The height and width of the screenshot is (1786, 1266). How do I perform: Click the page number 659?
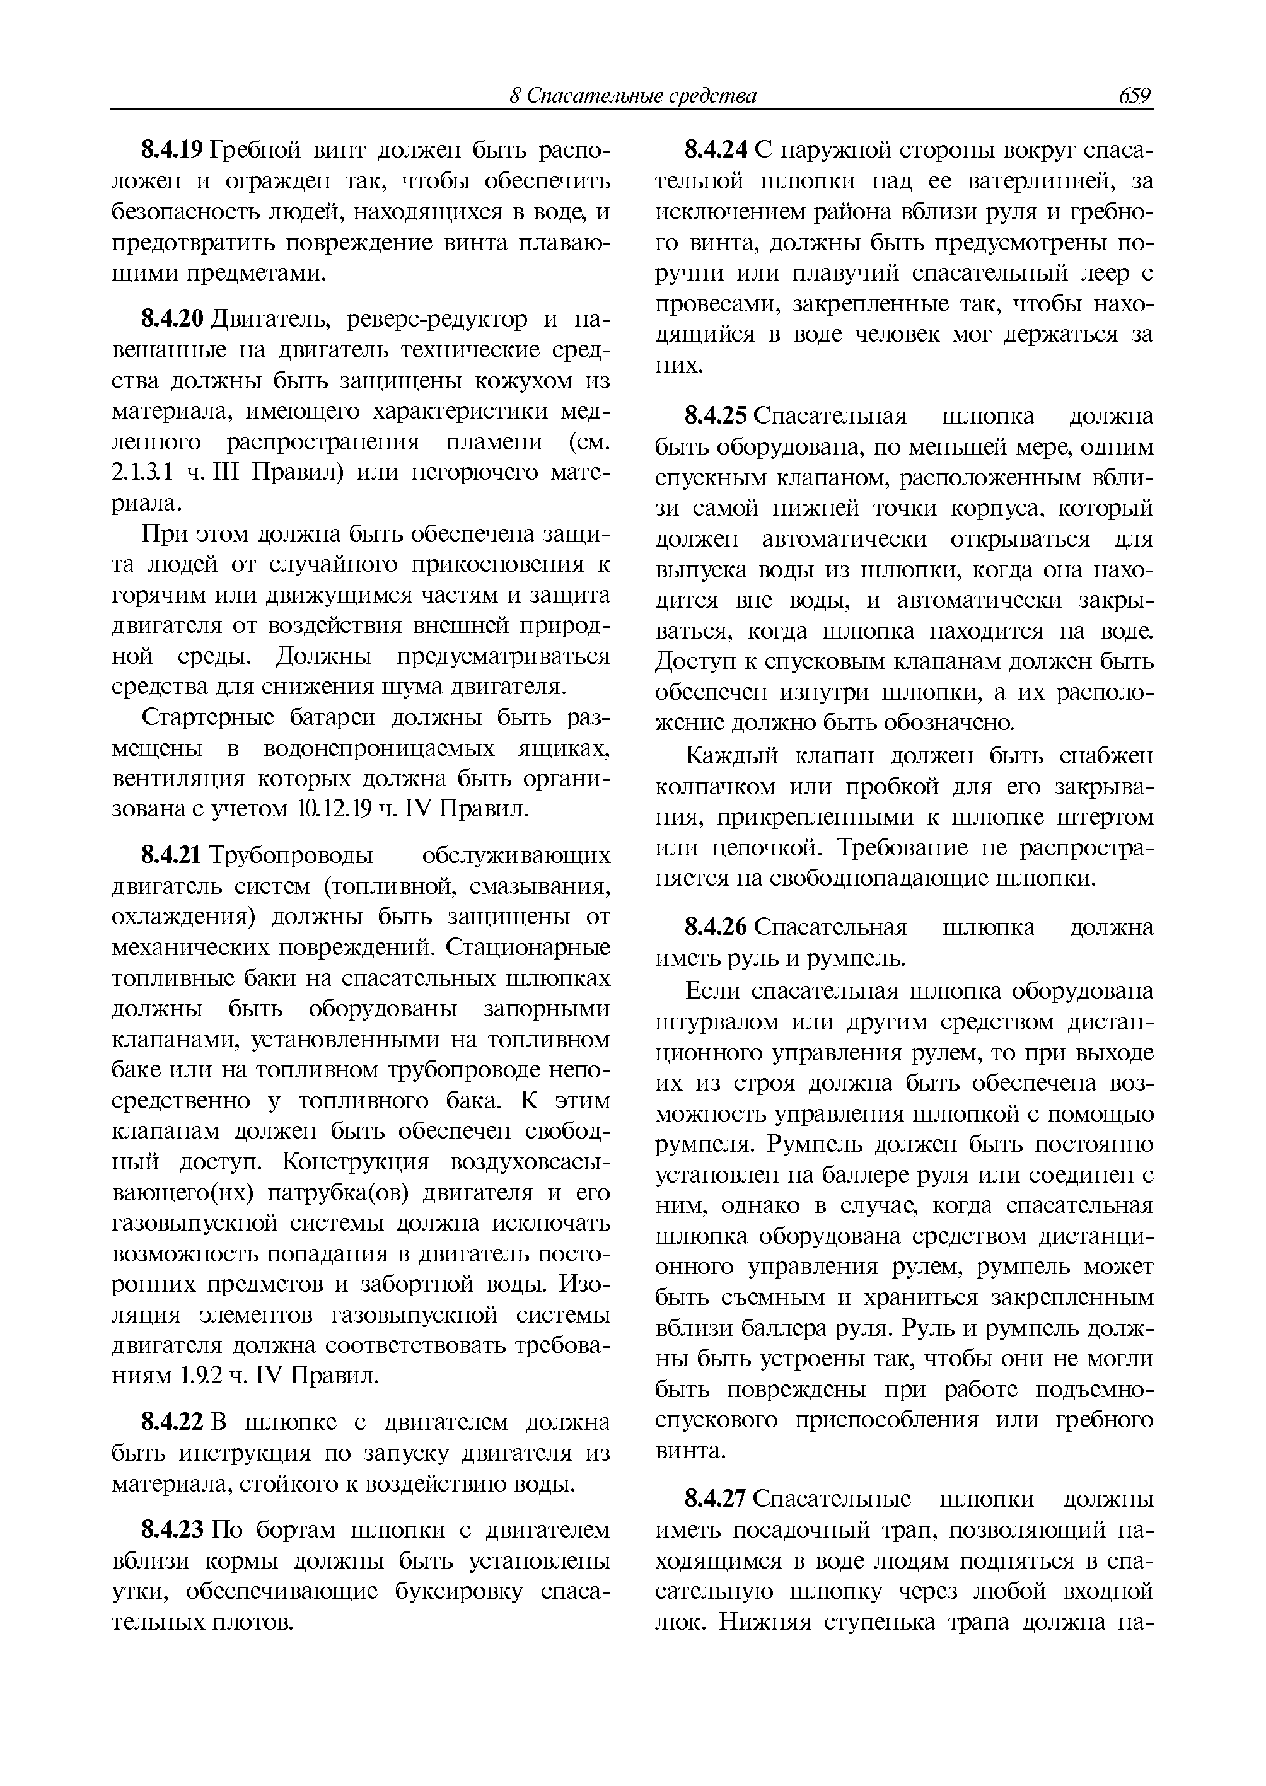(x=1134, y=95)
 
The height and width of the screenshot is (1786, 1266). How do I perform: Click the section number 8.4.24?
(x=716, y=148)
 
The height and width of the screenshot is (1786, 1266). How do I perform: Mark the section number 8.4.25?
(x=716, y=415)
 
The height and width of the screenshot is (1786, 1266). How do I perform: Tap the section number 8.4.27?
(x=716, y=1499)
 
